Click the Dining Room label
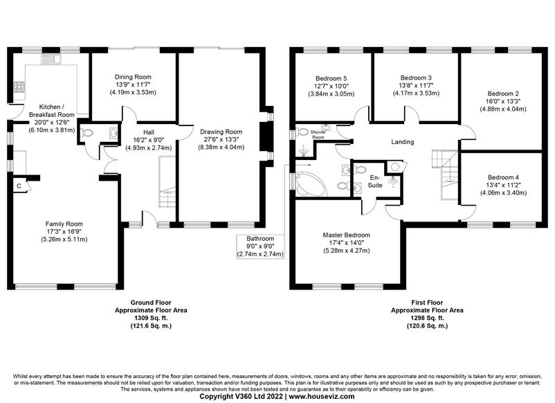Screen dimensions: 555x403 click(x=133, y=77)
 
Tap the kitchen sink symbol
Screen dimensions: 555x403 click(x=51, y=58)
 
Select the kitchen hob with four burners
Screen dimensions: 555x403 click(x=19, y=87)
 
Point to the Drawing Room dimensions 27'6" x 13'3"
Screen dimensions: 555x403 click(x=221, y=140)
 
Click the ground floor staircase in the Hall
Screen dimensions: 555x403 click(x=167, y=183)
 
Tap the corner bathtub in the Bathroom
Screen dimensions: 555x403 click(x=311, y=183)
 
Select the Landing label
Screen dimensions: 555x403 click(x=403, y=142)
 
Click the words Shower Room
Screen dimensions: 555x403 click(x=318, y=134)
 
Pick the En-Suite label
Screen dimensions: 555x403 click(x=375, y=181)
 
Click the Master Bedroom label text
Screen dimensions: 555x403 click(x=346, y=235)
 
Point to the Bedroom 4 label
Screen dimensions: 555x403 click(x=503, y=177)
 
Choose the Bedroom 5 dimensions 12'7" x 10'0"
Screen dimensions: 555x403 click(x=331, y=86)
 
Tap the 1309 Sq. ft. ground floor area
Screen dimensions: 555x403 click(x=151, y=318)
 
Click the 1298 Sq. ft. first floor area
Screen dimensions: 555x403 click(x=427, y=318)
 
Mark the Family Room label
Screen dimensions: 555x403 click(x=64, y=224)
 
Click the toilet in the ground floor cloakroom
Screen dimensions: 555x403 click(x=87, y=133)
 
